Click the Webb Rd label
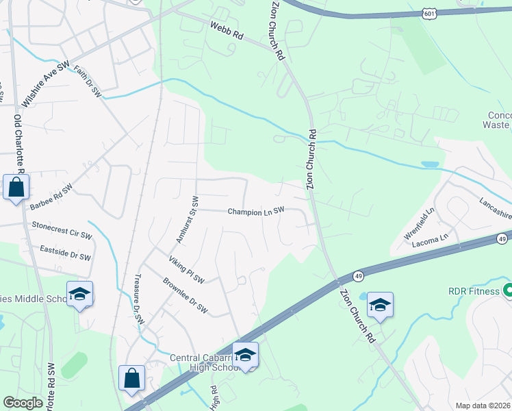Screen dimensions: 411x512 [x=227, y=29]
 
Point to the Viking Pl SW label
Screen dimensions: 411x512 [x=186, y=269]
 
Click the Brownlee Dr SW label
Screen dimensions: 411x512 [x=185, y=295]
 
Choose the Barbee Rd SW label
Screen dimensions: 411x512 [x=51, y=197]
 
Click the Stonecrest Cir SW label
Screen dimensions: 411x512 [x=61, y=229]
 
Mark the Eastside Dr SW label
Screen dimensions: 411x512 [x=65, y=253]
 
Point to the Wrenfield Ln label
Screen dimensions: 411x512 [x=420, y=224]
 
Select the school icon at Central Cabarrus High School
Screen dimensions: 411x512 [x=245, y=355]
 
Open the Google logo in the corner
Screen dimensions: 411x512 [x=23, y=403]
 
